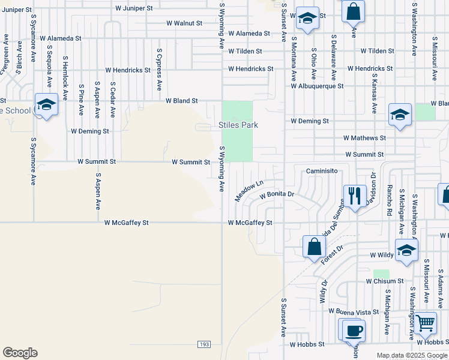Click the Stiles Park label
[238, 125]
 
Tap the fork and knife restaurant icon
[354, 195]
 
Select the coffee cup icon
[354, 330]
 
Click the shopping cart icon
[425, 323]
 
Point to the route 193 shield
[204, 344]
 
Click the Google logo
[20, 353]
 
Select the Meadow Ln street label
[249, 191]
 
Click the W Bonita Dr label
[277, 195]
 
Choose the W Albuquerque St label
[317, 86]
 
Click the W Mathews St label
[364, 137]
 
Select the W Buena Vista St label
[354, 311]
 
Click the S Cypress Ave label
[158, 70]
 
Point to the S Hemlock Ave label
[65, 74]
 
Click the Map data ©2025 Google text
[411, 355]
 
